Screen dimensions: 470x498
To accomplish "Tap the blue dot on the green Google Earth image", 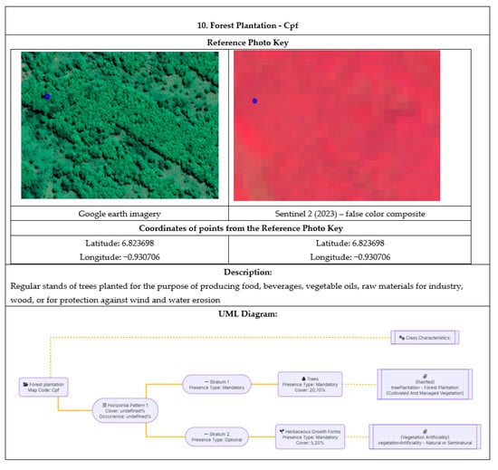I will pyautogui.click(x=47, y=95).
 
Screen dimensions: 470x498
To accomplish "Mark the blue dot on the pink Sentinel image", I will pyautogui.click(x=255, y=101).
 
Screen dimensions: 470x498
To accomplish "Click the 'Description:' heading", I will pyautogui.click(x=249, y=272).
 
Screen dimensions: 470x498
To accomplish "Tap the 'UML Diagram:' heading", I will pyautogui.click(x=249, y=313).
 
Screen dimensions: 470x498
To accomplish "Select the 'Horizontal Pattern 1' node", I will pyautogui.click(x=125, y=411).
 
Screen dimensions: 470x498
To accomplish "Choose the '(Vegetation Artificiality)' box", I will pyautogui.click(x=425, y=436).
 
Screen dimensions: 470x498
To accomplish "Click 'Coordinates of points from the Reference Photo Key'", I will pyautogui.click(x=249, y=227).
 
